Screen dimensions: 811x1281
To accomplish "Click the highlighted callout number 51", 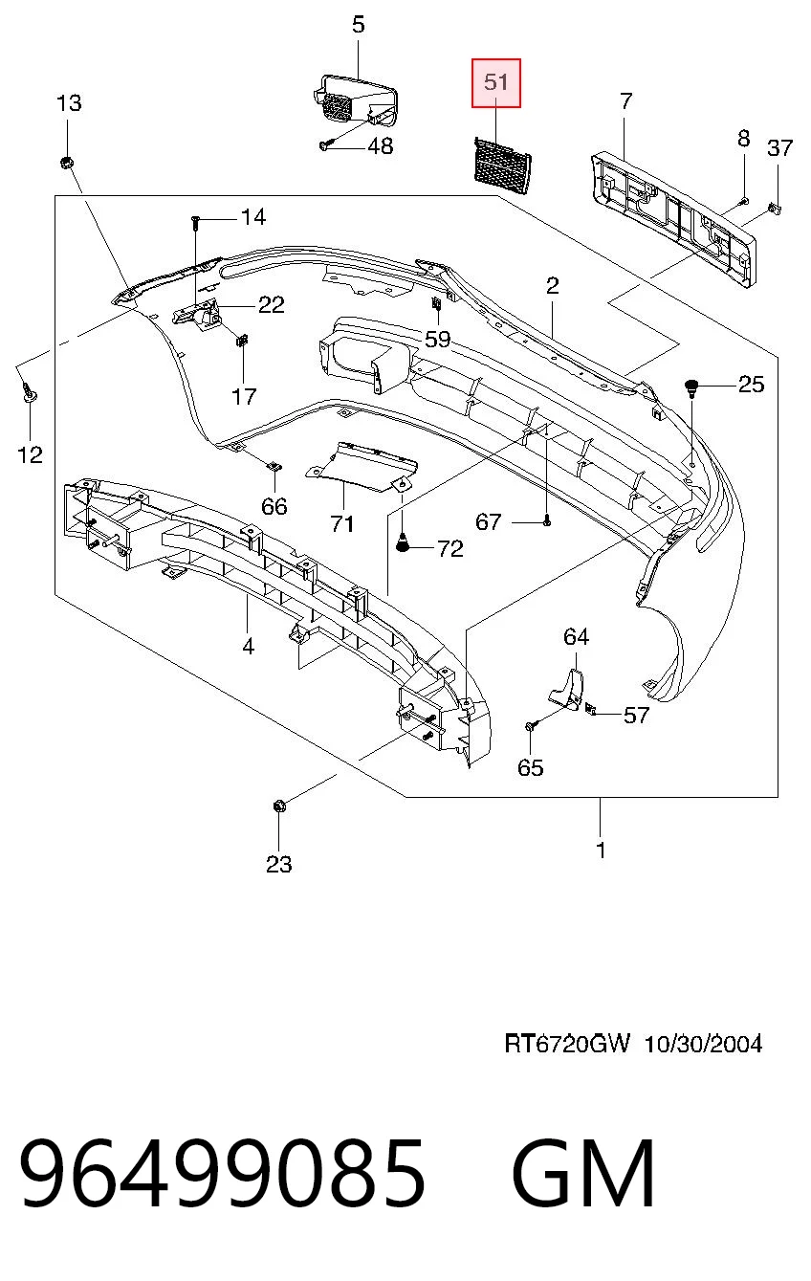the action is click(x=495, y=82).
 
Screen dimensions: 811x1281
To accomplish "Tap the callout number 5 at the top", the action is click(x=358, y=25).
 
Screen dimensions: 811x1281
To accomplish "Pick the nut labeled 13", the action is click(x=66, y=163).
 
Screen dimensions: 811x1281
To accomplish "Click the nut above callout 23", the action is click(x=279, y=806).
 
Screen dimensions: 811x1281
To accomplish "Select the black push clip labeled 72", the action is click(x=404, y=543).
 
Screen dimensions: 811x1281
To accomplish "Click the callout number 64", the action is click(x=576, y=636).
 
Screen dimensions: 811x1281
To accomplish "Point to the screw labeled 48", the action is click(x=324, y=146).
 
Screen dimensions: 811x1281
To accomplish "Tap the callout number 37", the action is click(x=779, y=148).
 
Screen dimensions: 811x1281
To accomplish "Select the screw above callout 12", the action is click(x=29, y=391).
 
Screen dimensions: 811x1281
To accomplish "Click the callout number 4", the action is click(x=248, y=646).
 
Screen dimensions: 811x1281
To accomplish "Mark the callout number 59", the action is click(x=437, y=339).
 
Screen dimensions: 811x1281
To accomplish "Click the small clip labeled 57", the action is click(x=590, y=710).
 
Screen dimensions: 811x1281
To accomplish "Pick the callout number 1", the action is click(x=600, y=850).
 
